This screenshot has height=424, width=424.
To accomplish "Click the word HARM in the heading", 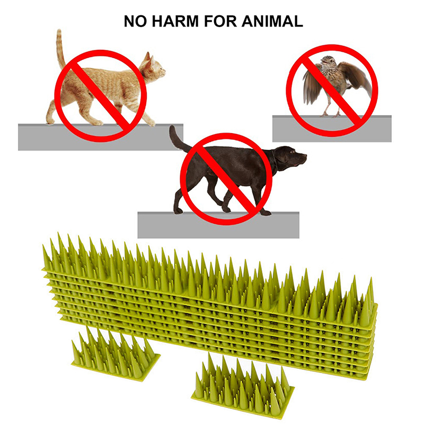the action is pyautogui.click(x=175, y=21).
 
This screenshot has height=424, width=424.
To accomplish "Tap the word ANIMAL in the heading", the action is pyautogui.click(x=272, y=21).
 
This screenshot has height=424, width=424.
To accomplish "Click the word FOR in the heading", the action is pyautogui.click(x=220, y=21).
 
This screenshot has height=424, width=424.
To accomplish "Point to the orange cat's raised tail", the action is pyautogui.click(x=60, y=49).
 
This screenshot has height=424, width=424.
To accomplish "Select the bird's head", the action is pyautogui.click(x=328, y=61).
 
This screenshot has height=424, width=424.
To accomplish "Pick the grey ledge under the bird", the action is pyautogui.click(x=332, y=129).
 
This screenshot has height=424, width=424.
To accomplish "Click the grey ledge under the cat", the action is pyautogui.click(x=101, y=137).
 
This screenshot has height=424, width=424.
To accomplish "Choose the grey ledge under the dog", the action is pyautogui.click(x=218, y=225).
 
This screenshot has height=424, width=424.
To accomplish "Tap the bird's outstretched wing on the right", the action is pyautogui.click(x=357, y=78).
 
